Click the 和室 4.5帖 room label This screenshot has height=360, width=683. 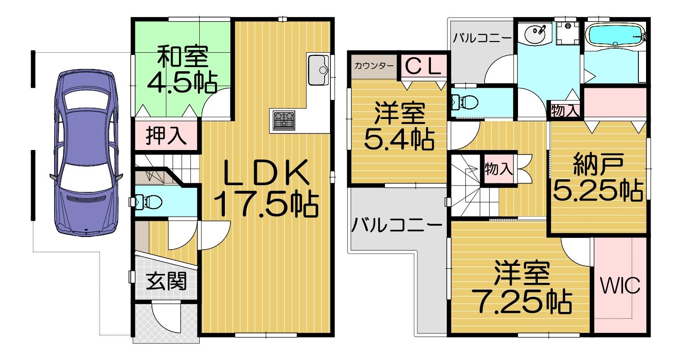(182, 69)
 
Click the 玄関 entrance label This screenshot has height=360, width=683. (166, 281)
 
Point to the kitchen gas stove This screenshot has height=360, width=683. (284, 120)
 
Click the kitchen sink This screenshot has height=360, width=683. (318, 70)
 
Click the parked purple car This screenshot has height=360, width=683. (86, 152)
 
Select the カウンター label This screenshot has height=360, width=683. (374, 66)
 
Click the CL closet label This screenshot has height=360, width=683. (423, 66)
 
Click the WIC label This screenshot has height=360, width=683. (620, 285)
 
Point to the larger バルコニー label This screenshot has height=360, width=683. (397, 226)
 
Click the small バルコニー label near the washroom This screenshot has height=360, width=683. (482, 38)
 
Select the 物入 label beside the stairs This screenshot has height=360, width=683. (499, 169)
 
